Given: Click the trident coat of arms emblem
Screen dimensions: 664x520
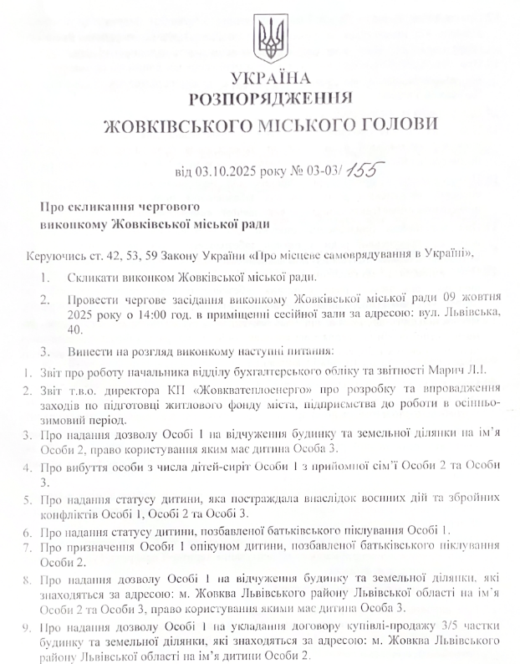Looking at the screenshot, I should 269,40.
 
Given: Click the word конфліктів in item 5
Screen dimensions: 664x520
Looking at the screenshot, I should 64,513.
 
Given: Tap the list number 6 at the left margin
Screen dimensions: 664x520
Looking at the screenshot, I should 27,531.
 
